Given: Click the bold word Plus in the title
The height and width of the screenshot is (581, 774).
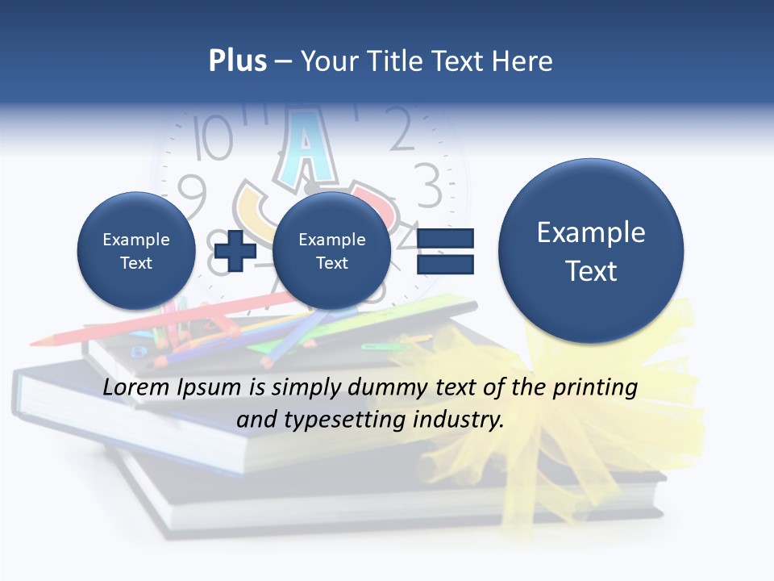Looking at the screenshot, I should pos(237,61).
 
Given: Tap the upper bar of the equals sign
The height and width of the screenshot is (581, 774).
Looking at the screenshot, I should pos(445,239).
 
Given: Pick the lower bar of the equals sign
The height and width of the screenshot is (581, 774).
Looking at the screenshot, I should pos(445,264).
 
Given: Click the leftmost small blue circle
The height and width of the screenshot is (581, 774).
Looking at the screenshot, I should pos(135,251).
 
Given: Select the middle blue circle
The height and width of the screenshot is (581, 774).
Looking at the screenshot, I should pos(331,251).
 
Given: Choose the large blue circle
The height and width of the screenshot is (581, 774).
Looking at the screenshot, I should pos(591,251).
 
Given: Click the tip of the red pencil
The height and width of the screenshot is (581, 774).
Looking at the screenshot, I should pos(34,343).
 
